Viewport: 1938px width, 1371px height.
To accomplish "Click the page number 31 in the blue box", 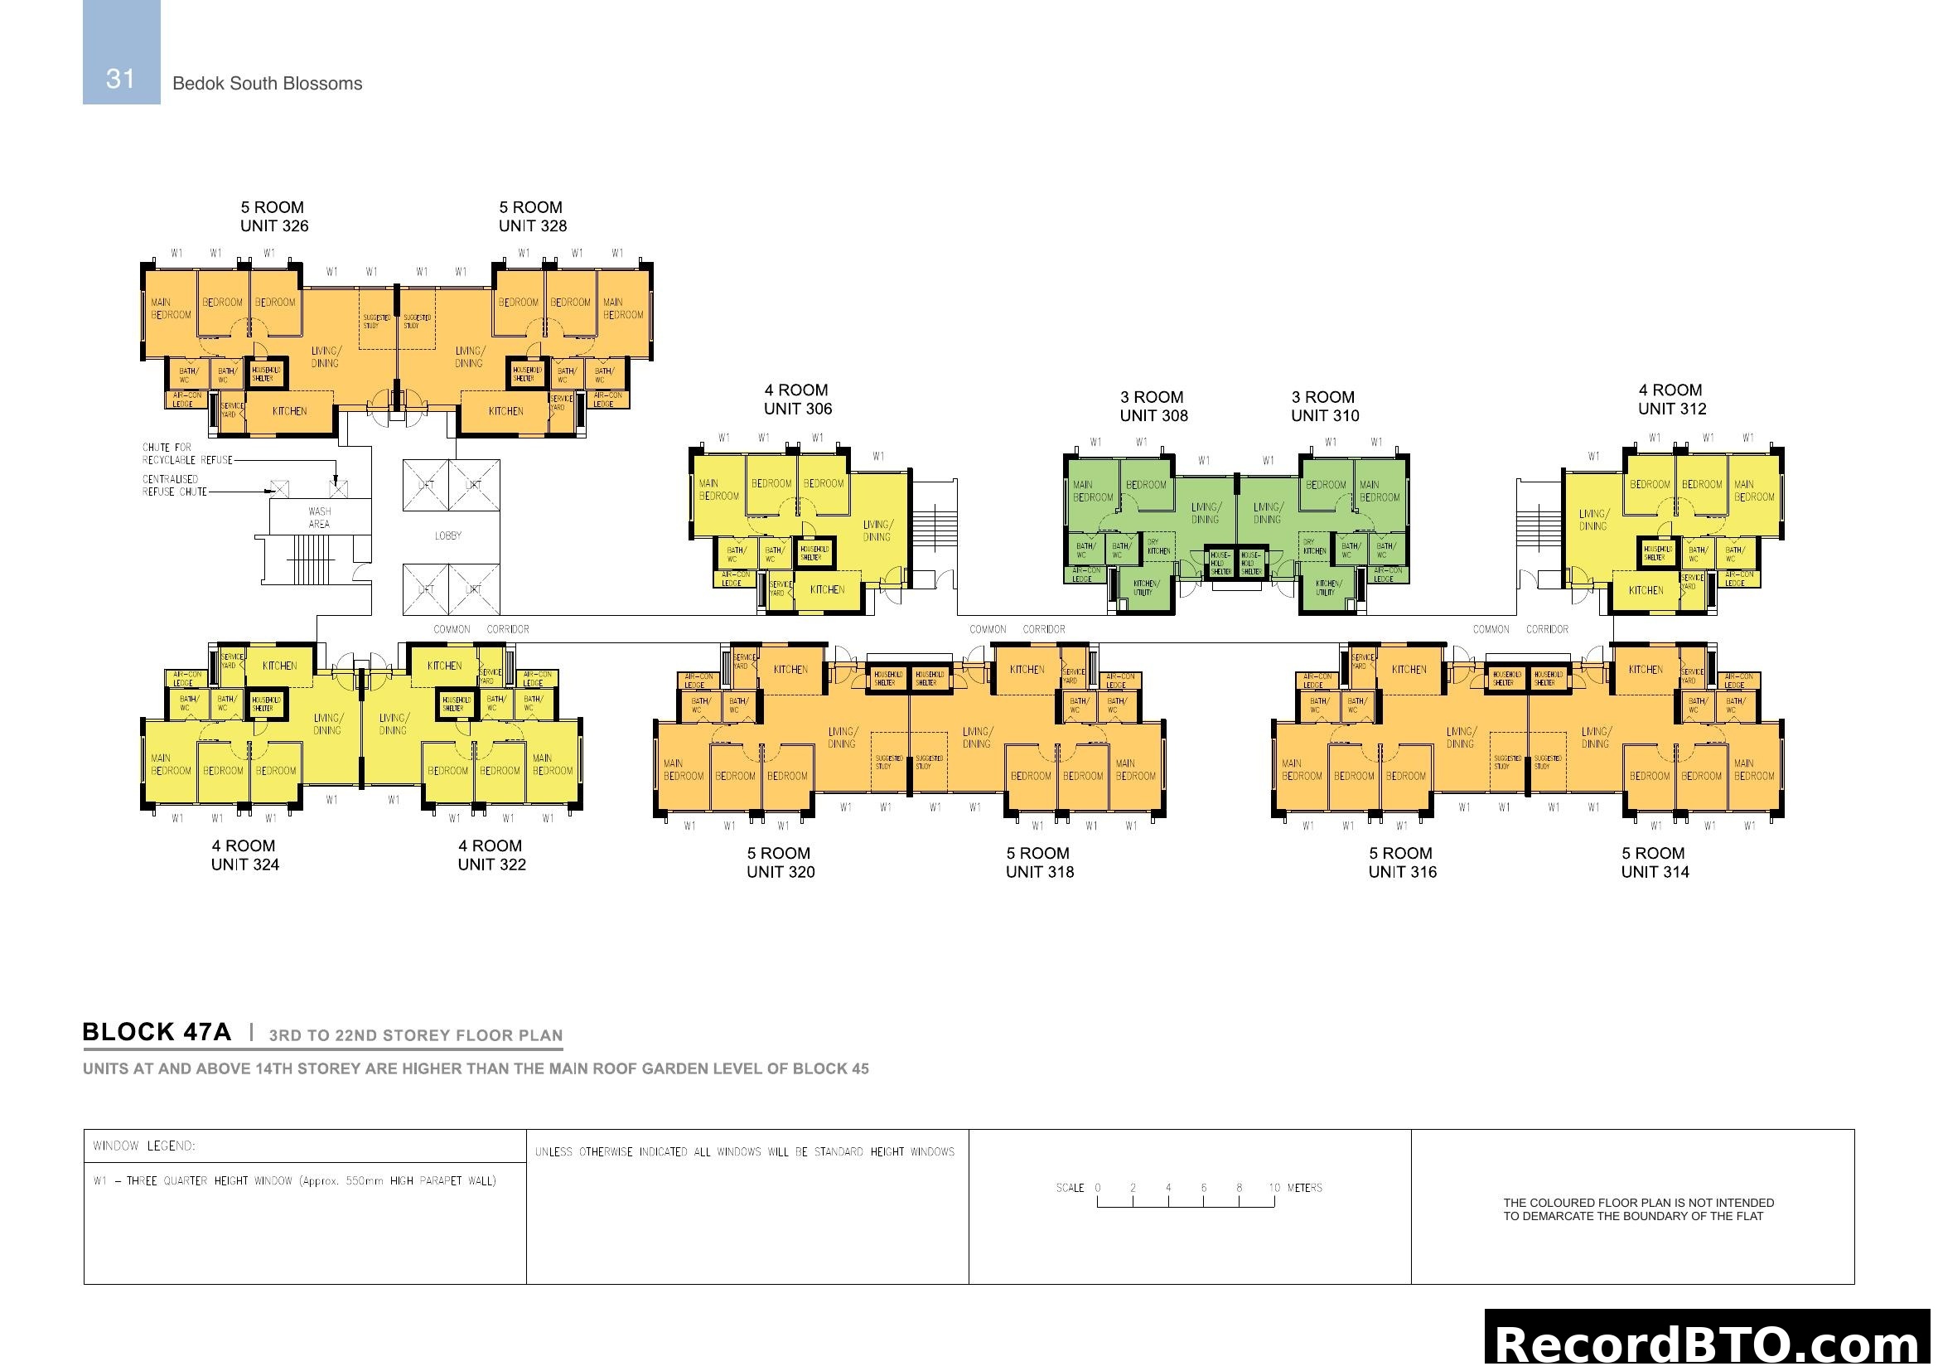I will pos(121,79).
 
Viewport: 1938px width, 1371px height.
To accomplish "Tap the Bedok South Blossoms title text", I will pos(267,84).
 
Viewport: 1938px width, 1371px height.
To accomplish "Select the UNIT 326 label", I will pos(274,226).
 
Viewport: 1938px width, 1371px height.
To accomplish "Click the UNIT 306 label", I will pos(798,409).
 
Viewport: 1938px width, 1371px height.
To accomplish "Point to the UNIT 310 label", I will pos(1324,416).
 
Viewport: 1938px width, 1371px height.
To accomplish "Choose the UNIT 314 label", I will pos(1655,872).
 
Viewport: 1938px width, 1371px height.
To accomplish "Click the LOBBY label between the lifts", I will pos(447,536).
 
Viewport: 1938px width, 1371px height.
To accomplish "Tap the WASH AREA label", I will pos(319,517).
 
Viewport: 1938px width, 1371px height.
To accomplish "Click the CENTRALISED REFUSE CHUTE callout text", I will pos(174,486).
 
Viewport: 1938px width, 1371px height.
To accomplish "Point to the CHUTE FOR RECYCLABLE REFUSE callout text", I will pos(186,454).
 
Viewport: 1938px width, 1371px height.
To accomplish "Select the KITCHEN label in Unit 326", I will pos(289,411).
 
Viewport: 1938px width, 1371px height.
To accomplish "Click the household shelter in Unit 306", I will pos(814,553).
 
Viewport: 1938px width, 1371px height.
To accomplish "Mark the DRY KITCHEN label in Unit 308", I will pos(1158,547).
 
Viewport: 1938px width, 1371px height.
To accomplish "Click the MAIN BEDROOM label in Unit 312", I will pos(1754,491).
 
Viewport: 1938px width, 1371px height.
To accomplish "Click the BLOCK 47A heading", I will pos(156,1033).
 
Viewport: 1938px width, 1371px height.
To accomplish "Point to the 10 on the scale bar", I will pos(1273,1188).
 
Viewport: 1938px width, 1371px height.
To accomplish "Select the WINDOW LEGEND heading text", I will pos(144,1146).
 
